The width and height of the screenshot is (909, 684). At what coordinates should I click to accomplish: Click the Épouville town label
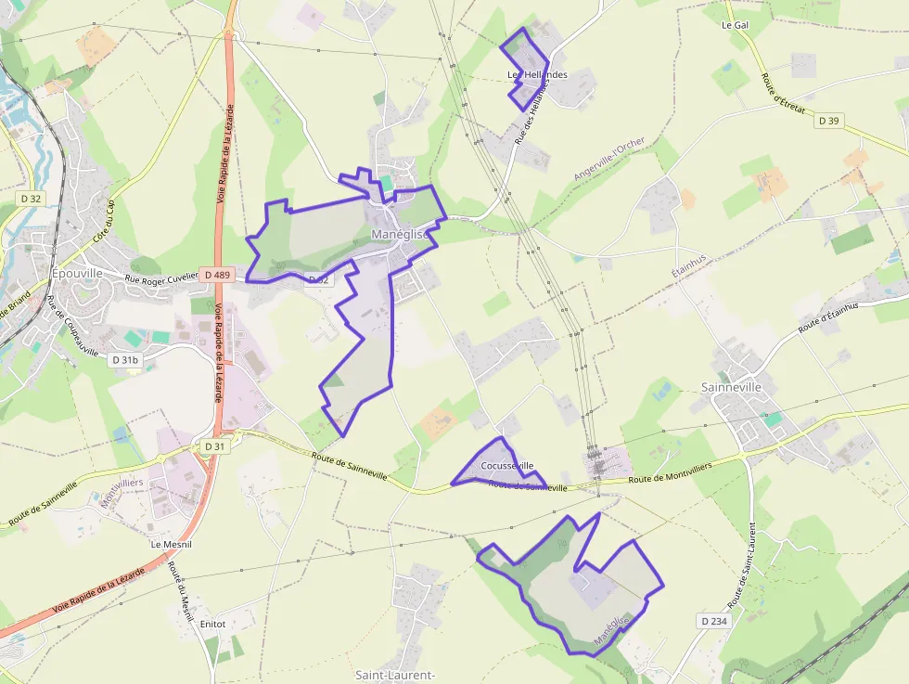click(x=78, y=274)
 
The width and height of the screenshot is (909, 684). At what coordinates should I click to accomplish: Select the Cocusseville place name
click(x=507, y=465)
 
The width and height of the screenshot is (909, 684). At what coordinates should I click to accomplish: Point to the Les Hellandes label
click(x=537, y=74)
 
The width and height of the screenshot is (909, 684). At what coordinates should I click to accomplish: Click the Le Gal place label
click(x=735, y=25)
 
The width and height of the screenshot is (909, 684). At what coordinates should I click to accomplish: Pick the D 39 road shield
click(x=828, y=121)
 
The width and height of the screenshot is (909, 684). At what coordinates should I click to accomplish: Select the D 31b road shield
click(x=124, y=359)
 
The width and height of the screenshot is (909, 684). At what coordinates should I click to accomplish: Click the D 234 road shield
click(x=712, y=620)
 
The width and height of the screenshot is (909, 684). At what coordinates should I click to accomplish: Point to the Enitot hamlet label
click(x=212, y=625)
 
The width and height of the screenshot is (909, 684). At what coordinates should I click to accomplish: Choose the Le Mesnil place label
click(x=171, y=544)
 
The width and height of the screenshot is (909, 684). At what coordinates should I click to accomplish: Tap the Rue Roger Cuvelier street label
click(x=161, y=276)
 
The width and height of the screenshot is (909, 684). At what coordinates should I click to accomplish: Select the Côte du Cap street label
click(x=103, y=223)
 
